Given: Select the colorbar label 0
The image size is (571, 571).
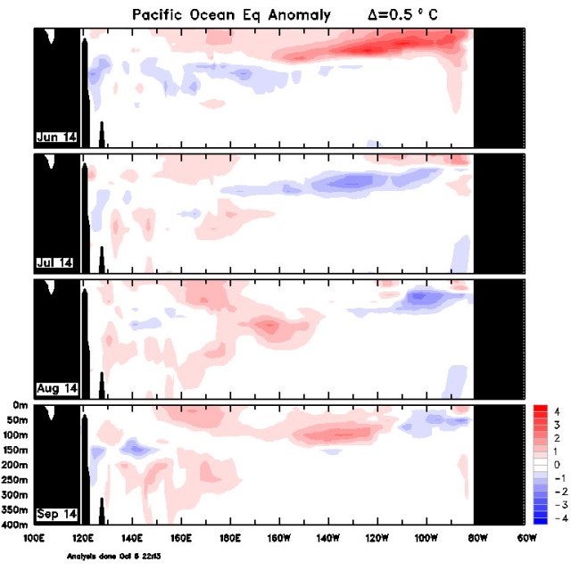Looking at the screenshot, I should point(556,465).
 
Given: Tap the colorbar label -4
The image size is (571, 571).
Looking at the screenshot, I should point(554,518).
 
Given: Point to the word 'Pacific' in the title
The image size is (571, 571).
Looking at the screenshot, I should point(161,15).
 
